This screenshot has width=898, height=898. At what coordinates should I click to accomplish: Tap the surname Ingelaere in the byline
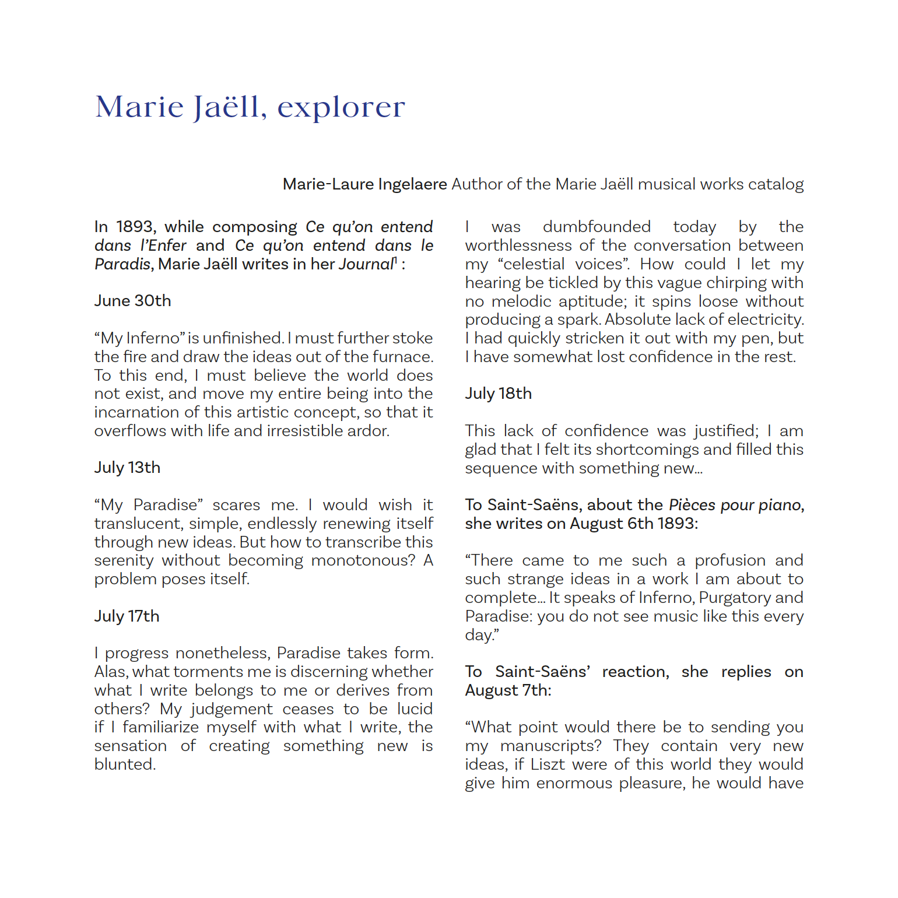coord(412,184)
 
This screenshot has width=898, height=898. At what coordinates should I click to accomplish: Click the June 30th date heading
coord(133,301)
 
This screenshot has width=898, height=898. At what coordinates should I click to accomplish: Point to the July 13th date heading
coord(127,468)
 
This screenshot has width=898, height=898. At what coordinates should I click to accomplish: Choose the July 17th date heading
coord(127,616)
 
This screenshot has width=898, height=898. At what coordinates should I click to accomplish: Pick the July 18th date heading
coord(498,394)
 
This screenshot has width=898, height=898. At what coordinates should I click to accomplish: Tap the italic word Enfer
coord(167,245)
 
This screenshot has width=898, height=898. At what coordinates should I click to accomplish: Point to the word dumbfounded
coord(597,227)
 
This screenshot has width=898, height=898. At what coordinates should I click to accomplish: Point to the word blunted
coord(125,764)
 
